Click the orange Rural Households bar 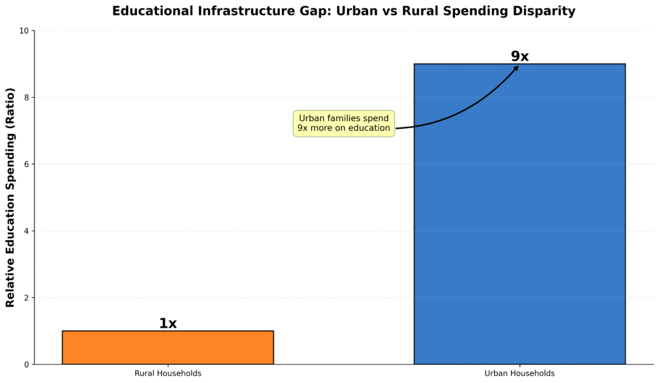point(167,348)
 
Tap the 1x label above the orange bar point(167,324)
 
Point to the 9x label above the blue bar point(519,57)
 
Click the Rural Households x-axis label point(167,373)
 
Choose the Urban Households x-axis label point(519,373)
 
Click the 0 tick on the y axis point(26,364)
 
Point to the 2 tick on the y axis point(26,298)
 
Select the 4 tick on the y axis point(26,231)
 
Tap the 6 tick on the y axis point(26,164)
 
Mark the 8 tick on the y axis point(26,98)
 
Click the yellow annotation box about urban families point(344,123)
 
